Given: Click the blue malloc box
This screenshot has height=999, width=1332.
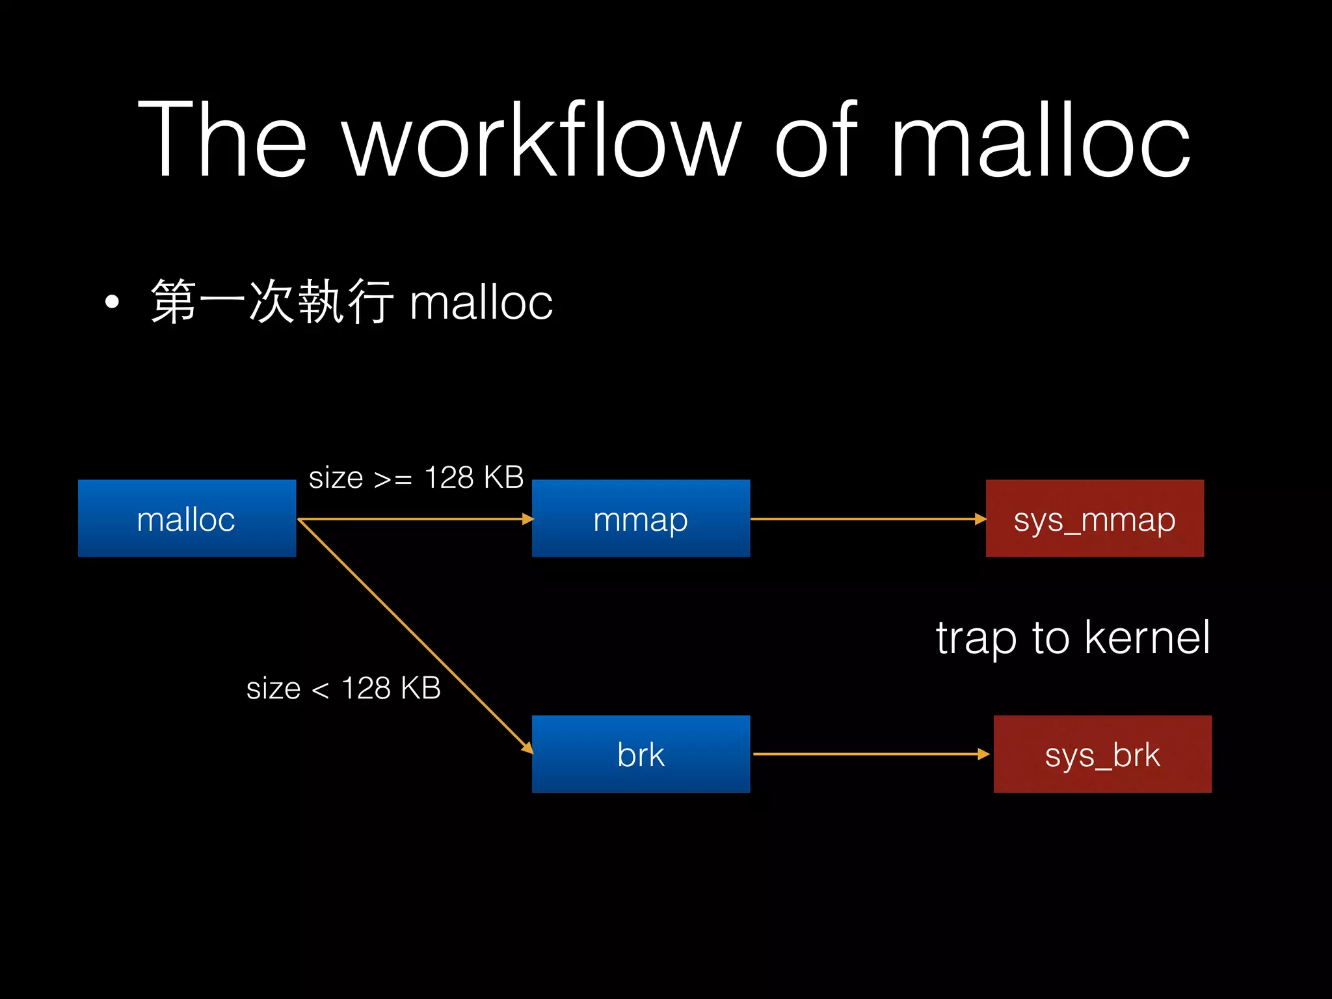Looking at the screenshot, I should [187, 518].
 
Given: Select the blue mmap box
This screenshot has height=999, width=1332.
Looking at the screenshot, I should [641, 518].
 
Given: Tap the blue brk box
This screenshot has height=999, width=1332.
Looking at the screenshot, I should [641, 754].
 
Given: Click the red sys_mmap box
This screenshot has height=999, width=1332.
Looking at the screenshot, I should [1095, 518].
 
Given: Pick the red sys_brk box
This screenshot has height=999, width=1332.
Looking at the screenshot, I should [1102, 754].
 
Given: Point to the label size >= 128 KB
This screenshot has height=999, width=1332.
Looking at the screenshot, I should [416, 478].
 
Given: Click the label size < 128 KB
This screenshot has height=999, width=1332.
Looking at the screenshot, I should [343, 688].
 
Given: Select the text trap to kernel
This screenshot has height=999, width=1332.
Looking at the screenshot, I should [1073, 637].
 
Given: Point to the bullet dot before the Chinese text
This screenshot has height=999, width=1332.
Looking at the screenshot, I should [112, 302].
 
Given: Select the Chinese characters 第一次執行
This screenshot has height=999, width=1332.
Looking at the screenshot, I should [272, 301].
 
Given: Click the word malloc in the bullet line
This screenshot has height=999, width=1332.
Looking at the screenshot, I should [481, 303].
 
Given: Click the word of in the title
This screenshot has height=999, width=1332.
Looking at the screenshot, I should [816, 140].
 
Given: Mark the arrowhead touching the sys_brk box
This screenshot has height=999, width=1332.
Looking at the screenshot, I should [984, 754].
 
